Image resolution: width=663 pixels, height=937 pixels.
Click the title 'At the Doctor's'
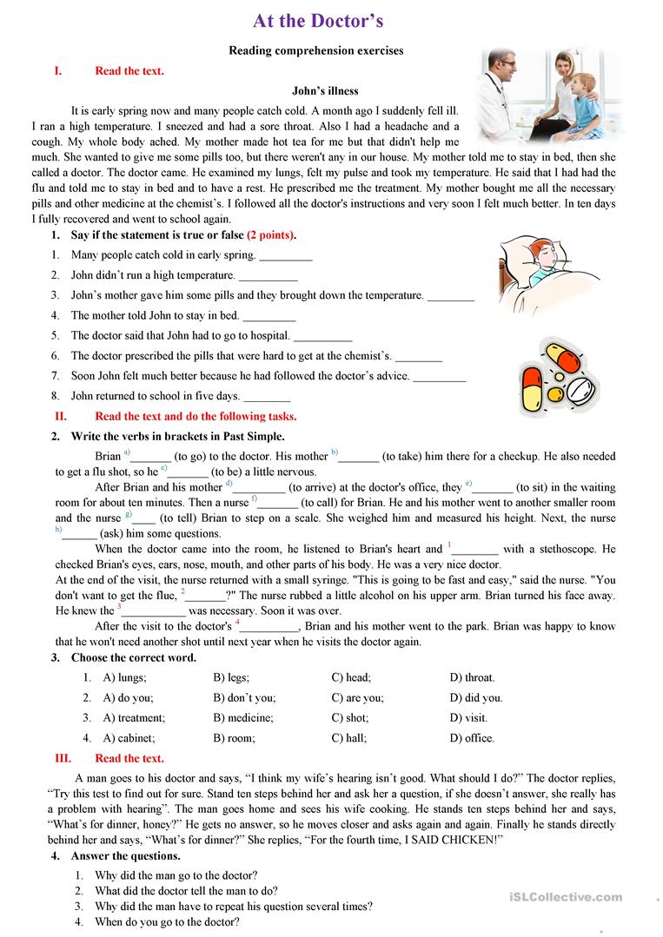[x=318, y=21]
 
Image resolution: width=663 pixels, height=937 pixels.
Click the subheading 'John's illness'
[x=325, y=90]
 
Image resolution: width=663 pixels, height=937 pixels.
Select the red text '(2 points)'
[x=271, y=235]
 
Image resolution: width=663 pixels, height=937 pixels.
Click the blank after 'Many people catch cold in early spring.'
[x=286, y=257]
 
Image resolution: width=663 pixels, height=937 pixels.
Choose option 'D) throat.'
[x=472, y=677]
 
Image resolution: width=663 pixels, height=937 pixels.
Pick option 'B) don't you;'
[x=244, y=697]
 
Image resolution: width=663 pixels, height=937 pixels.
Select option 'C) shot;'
[x=350, y=718]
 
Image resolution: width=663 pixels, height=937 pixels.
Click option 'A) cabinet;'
[x=129, y=738]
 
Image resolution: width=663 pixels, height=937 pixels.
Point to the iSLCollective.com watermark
[x=573, y=897]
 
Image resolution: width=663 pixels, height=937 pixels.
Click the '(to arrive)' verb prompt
[x=319, y=488]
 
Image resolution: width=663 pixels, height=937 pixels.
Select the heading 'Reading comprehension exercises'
[x=316, y=50]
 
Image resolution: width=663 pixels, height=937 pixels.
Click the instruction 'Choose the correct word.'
[x=134, y=657]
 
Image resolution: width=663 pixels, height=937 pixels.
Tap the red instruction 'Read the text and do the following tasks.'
[x=196, y=416]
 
